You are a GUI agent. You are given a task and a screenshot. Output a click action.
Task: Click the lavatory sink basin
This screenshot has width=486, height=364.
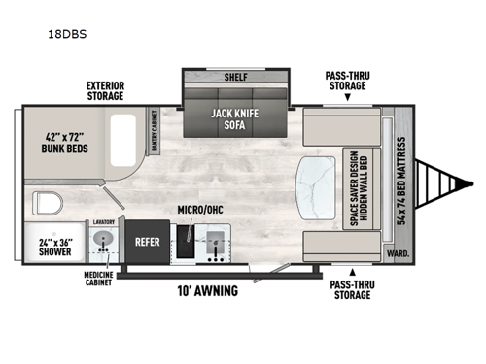[x=105, y=245]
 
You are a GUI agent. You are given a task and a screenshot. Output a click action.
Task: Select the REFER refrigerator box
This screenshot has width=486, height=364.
[x=147, y=244]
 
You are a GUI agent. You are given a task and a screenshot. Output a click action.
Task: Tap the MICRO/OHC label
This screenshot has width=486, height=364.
[x=194, y=210]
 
